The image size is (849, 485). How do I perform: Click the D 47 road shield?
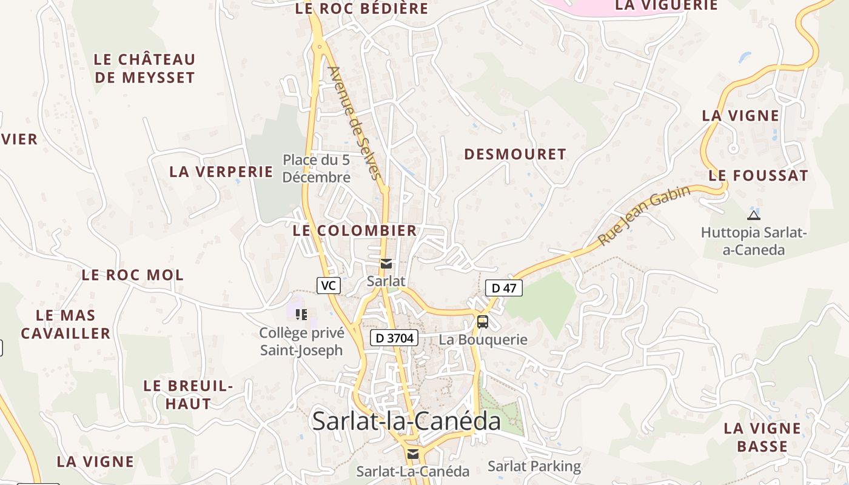click(x=503, y=288)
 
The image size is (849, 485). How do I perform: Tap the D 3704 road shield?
click(x=394, y=338)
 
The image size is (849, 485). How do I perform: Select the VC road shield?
click(x=328, y=286)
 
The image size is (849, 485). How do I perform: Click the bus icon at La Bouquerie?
click(x=483, y=322)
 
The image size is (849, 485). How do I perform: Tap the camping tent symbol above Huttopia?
click(x=754, y=215)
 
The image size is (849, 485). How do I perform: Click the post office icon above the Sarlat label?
click(x=386, y=264)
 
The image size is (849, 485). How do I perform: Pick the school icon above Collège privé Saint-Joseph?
click(x=301, y=314)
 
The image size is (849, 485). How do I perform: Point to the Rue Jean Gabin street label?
click(x=644, y=216)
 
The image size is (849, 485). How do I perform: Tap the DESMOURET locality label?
click(x=515, y=155)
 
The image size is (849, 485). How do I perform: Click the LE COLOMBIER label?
click(x=355, y=231)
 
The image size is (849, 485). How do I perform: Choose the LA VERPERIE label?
click(x=221, y=172)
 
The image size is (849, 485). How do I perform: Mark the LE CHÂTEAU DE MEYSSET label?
click(x=145, y=69)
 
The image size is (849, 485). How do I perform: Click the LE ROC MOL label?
click(x=132, y=275)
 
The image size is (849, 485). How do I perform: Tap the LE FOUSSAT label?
click(x=758, y=176)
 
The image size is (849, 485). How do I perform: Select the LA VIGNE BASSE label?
click(x=762, y=437)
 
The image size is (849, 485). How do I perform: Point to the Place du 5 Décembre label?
click(x=317, y=169)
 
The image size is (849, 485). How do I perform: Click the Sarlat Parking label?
click(x=534, y=466)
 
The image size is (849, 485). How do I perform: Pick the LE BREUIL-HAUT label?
click(x=188, y=395)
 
